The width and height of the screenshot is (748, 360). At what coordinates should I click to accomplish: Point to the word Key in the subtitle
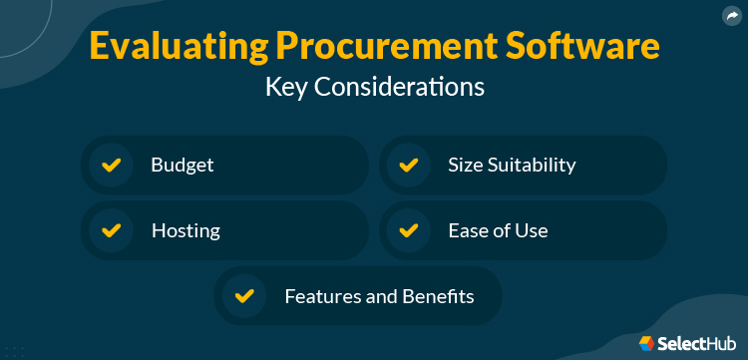tap(287, 87)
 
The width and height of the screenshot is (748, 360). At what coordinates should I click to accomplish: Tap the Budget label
tap(183, 165)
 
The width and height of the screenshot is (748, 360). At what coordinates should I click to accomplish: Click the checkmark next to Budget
tap(112, 165)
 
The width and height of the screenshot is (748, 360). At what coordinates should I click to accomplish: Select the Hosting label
tap(186, 230)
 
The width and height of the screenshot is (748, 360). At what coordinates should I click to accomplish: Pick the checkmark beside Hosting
tap(112, 230)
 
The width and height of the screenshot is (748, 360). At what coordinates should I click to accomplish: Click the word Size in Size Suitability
tap(465, 165)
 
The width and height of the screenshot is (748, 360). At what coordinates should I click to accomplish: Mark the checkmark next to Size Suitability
tap(408, 165)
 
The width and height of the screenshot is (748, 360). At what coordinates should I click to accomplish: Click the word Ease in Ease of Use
tap(469, 230)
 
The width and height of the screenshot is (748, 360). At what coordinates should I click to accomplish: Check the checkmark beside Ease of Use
tap(408, 230)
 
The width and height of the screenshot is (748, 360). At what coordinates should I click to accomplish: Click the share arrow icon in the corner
tap(732, 15)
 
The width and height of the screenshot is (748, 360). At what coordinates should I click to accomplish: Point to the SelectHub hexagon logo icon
tap(646, 343)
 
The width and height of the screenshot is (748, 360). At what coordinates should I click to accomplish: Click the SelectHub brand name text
tap(694, 344)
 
